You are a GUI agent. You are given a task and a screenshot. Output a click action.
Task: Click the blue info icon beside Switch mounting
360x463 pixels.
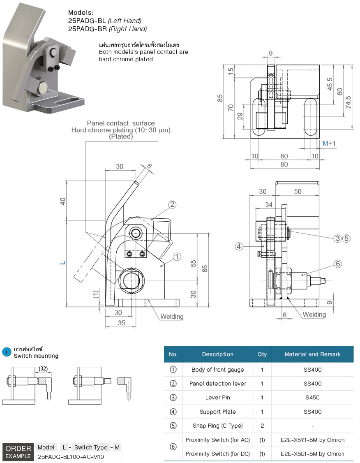pyautogui.click(x=7, y=352)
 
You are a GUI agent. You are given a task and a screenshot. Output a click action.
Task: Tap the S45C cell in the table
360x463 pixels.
pyautogui.click(x=312, y=398)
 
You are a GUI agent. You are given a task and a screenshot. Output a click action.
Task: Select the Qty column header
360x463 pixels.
pyautogui.click(x=262, y=354)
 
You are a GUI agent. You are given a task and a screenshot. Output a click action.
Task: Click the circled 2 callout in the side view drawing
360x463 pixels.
pyautogui.click(x=172, y=204)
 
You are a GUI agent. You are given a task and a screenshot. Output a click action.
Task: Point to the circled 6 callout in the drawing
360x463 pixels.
pyautogui.click(x=338, y=264)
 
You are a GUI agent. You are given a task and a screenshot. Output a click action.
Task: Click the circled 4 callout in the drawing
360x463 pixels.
pyautogui.click(x=239, y=246)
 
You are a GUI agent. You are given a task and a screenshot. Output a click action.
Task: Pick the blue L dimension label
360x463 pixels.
pyautogui.click(x=62, y=262)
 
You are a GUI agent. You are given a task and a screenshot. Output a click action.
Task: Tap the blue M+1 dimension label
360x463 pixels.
pyautogui.click(x=329, y=144)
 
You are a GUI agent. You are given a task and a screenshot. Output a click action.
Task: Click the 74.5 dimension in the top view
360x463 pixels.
pyautogui.click(x=348, y=102)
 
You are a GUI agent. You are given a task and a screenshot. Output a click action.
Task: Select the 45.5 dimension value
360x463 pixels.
pyautogui.click(x=330, y=84)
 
